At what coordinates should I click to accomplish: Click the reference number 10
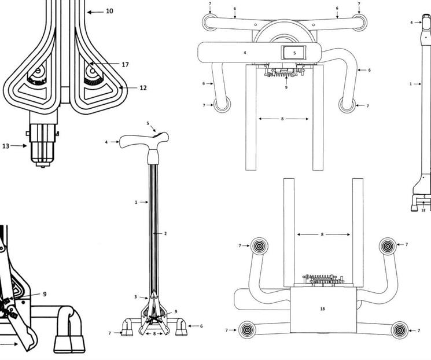[x=109, y=11]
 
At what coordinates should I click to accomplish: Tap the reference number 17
[x=125, y=64]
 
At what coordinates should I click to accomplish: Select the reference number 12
[x=143, y=88]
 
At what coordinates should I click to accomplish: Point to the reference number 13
[x=6, y=146]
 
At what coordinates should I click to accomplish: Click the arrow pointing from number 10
[x=95, y=11]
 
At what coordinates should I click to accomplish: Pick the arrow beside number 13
[x=19, y=146]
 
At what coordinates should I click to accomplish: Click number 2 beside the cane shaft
[x=165, y=234]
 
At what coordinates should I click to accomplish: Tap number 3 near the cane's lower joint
[x=136, y=297]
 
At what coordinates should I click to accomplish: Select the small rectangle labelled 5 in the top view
[x=294, y=53]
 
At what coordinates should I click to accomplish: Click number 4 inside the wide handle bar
[x=245, y=53]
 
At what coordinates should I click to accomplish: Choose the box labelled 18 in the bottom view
[x=322, y=309]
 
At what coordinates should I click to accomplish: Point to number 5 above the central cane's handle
[x=148, y=123]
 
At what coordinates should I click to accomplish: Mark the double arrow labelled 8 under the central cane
[x=154, y=334]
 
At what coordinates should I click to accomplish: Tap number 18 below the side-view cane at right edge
[x=423, y=210]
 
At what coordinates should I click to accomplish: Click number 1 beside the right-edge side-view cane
[x=411, y=84]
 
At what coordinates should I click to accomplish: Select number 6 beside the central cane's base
[x=201, y=326]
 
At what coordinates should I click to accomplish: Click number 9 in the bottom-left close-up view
[x=45, y=294]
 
